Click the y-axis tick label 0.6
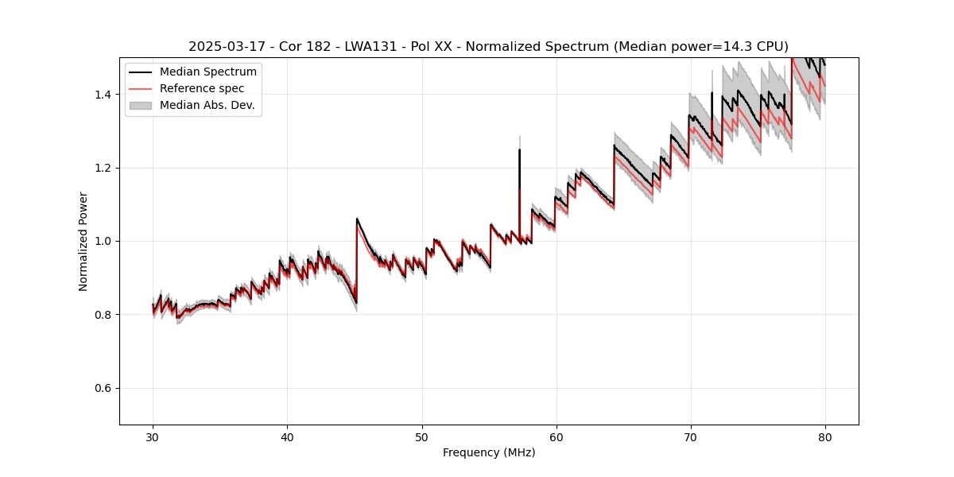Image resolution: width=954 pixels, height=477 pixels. point(103,388)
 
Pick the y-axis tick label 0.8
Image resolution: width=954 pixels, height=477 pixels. point(103,315)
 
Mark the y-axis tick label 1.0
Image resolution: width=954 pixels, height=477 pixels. point(103,241)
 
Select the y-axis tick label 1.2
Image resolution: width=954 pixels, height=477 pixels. point(103,168)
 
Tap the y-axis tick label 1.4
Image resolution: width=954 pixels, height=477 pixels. point(103,95)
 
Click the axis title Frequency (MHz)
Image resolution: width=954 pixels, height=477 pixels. point(489,452)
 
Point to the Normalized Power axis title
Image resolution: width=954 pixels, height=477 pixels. point(83,241)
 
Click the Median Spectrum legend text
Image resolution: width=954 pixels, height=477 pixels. point(208,72)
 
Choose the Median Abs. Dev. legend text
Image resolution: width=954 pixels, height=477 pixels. point(207,105)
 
